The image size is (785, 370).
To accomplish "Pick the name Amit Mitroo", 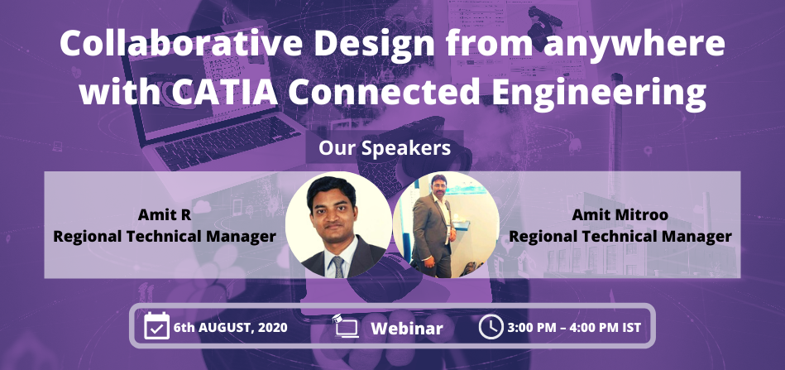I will tap(620, 216).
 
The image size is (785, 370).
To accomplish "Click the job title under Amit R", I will tap(165, 237).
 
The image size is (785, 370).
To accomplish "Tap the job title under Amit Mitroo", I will tap(620, 237).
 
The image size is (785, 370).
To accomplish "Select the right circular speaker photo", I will tap(446, 224).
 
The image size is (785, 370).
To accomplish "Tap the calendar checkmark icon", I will tap(156, 326).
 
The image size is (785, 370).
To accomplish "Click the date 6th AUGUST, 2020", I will tap(230, 328).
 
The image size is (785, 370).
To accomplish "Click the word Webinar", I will tap(407, 328).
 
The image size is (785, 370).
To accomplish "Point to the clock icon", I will tap(491, 326).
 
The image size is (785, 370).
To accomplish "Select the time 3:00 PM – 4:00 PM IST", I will tap(574, 328).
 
